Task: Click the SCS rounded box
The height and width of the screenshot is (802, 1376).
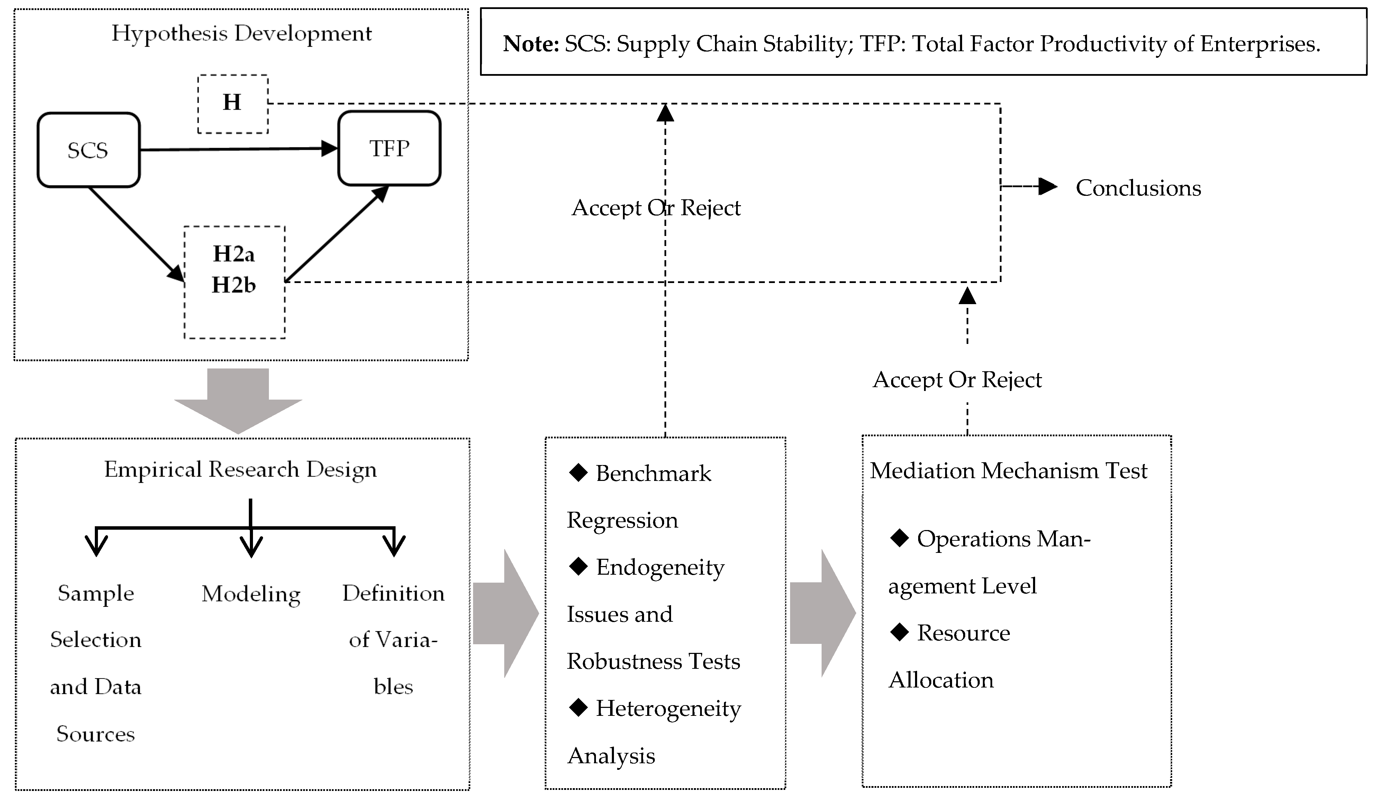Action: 89,150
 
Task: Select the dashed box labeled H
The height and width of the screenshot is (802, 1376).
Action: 233,104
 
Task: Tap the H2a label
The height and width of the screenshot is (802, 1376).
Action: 234,254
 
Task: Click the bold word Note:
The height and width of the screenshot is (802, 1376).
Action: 531,44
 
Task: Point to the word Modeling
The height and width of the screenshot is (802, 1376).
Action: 251,594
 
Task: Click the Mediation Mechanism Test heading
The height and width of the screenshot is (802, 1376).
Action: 1008,471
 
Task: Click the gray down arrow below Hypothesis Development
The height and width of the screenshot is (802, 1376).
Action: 238,401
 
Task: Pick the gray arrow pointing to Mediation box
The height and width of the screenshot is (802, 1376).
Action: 822,613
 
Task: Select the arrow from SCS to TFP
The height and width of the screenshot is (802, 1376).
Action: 238,149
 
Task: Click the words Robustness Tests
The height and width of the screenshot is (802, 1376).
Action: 653,661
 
